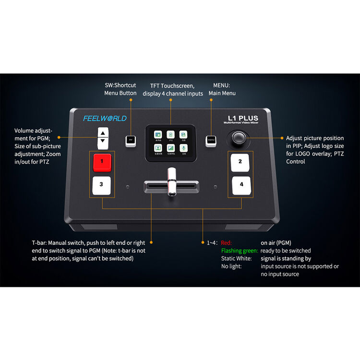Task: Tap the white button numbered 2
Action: [x=240, y=162]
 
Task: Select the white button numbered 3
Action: [x=101, y=184]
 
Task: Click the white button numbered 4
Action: [x=241, y=184]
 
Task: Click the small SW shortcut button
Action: [x=130, y=141]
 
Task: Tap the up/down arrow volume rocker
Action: [x=103, y=138]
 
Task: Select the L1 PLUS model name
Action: [x=243, y=118]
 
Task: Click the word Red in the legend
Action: [x=226, y=243]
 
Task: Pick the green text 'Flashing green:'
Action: [x=239, y=251]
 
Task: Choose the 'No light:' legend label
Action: [x=231, y=266]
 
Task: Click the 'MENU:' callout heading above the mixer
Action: [x=222, y=85]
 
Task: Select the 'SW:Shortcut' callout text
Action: [x=120, y=85]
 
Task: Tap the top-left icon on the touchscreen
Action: [x=158, y=134]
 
